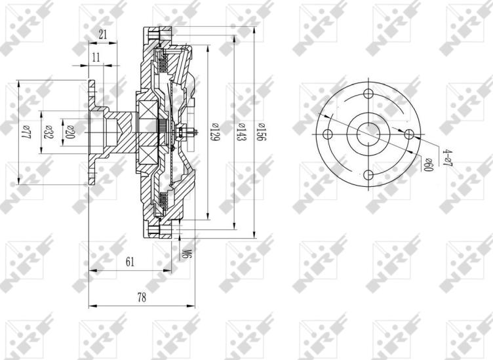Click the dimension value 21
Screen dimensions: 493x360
click(x=103, y=35)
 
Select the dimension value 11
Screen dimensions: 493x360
click(x=96, y=58)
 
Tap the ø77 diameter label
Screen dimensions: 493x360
click(x=27, y=132)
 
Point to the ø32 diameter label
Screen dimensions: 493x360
click(x=48, y=132)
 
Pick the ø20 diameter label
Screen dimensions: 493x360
click(x=69, y=132)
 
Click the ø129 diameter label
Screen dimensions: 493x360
click(x=214, y=132)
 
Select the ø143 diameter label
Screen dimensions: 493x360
click(x=241, y=132)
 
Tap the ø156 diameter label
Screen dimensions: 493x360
click(x=262, y=132)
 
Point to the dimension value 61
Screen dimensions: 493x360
click(x=130, y=262)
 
